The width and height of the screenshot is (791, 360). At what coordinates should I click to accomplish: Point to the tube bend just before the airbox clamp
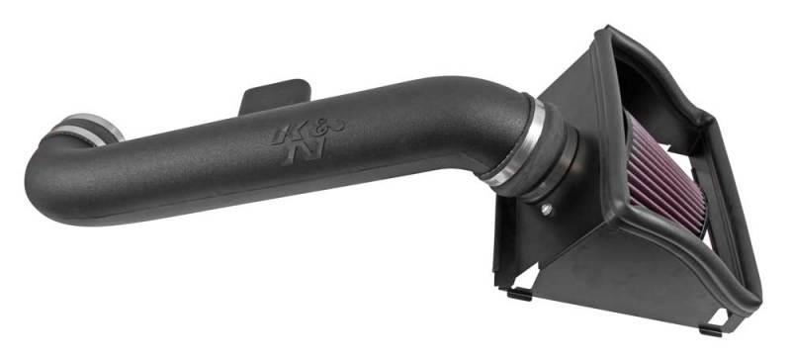pos(484,119)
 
